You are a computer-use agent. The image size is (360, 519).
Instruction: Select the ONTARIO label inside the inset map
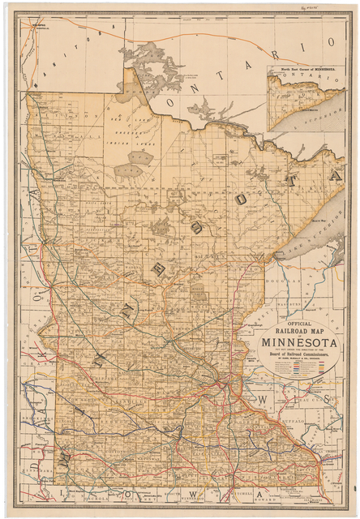297,82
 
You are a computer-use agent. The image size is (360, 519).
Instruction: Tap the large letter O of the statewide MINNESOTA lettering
243,198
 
